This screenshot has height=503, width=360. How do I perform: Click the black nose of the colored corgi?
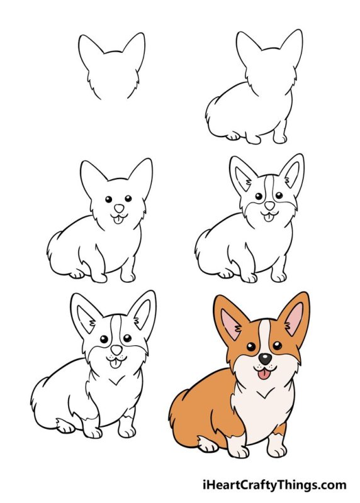[266, 359]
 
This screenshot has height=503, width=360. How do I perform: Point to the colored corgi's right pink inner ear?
[294, 319]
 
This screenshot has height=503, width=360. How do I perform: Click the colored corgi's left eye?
[250, 346]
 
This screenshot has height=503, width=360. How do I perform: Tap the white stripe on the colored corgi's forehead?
[265, 333]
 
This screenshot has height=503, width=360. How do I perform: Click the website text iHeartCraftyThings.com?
[274, 485]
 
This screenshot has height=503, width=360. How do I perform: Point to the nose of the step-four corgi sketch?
[269, 206]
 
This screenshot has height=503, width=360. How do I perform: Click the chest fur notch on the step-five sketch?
[115, 380]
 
